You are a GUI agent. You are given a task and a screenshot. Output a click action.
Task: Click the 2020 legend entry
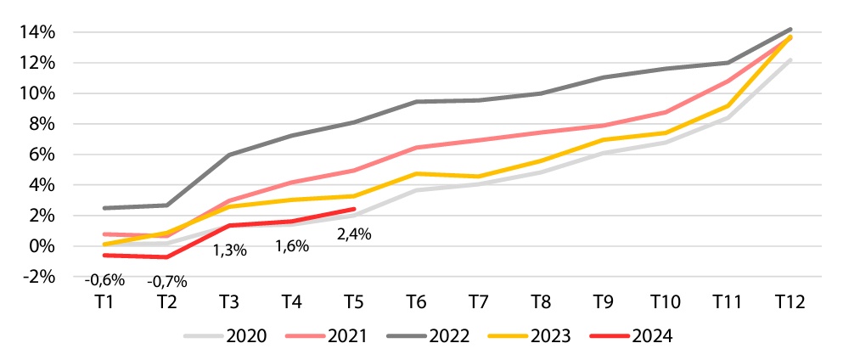247,335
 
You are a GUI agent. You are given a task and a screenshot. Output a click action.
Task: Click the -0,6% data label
105,278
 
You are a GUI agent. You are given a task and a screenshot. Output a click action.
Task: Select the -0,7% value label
167,281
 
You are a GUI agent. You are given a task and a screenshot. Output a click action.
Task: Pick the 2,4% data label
353,235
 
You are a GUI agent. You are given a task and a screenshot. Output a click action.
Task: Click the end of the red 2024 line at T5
353,209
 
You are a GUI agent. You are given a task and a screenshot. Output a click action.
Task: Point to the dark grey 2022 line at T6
416,102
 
